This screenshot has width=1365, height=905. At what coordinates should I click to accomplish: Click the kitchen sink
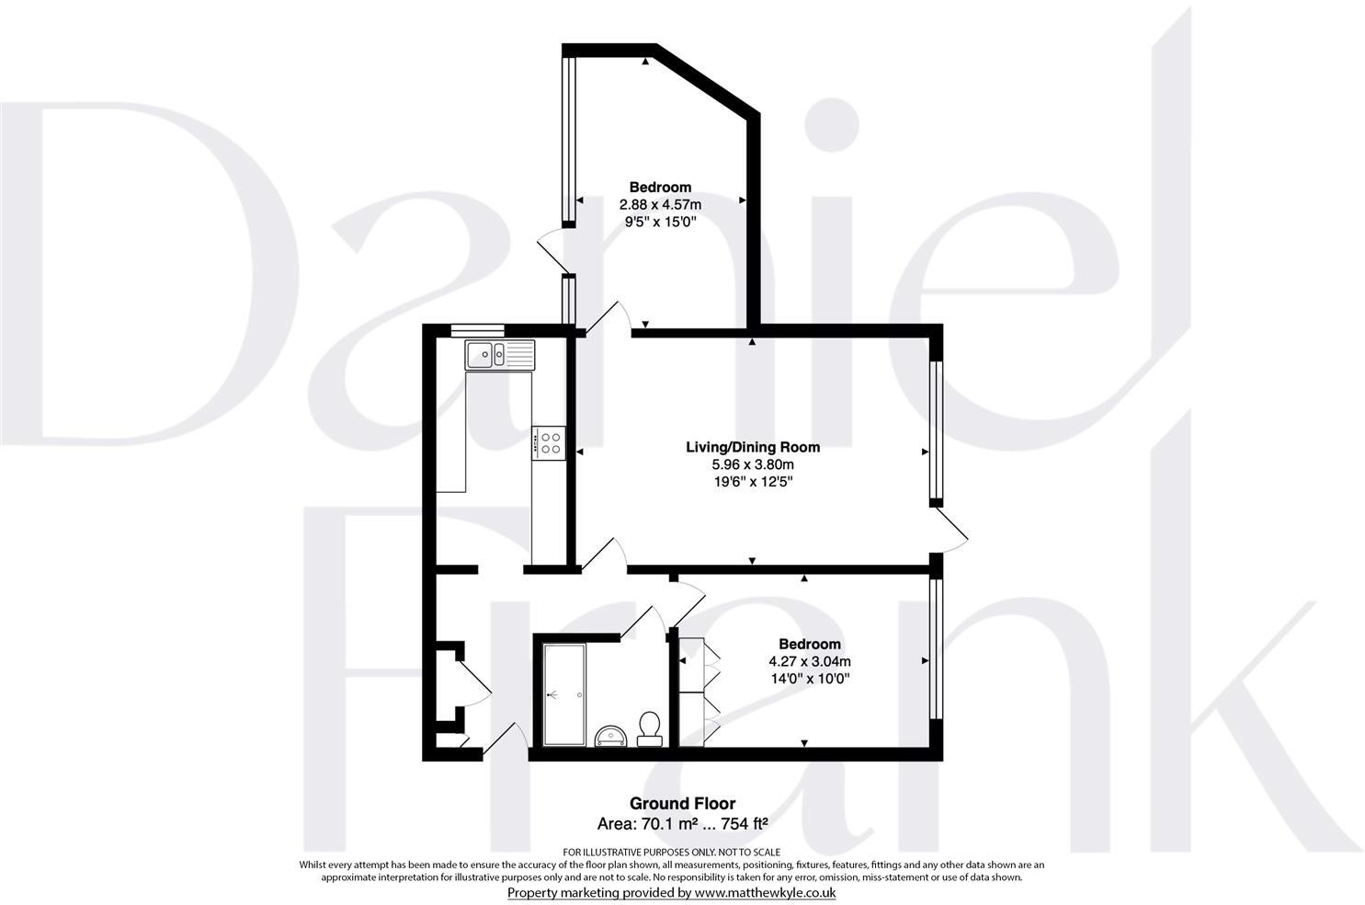pos(500,354)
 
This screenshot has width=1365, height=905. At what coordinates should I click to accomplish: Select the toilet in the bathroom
pos(650,727)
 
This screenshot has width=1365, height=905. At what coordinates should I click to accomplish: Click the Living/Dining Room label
pos(753,448)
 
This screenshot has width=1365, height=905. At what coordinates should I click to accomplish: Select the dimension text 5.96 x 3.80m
pos(753,464)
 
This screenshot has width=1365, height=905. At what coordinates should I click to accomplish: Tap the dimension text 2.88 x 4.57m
pos(660,204)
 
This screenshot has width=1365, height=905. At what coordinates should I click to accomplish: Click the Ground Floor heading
pos(682,804)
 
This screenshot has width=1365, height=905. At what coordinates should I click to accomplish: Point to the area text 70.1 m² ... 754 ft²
pos(682,824)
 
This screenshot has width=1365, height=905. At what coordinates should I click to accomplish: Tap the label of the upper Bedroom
pos(660,188)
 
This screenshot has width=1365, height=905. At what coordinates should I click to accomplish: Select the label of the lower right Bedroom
pos(809,644)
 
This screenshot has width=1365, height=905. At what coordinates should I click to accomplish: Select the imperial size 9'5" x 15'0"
pos(660,222)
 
